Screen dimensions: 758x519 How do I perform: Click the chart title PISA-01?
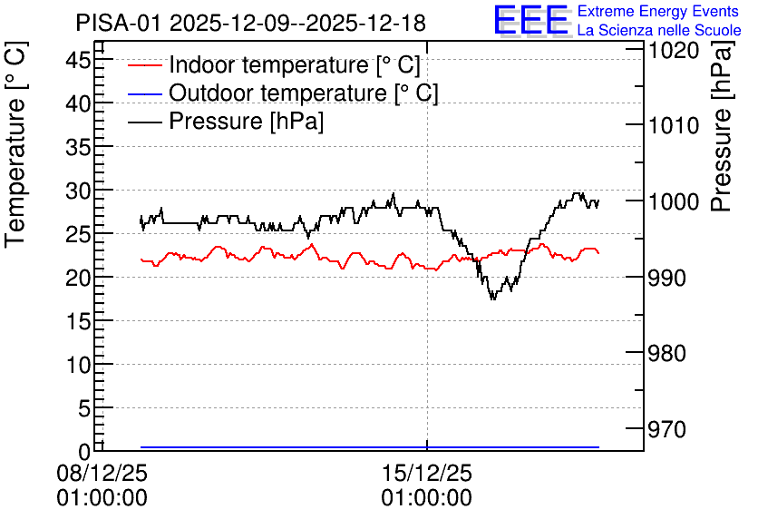[118, 23]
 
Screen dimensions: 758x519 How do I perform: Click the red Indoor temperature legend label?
[295, 64]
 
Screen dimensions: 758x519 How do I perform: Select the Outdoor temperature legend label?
[304, 93]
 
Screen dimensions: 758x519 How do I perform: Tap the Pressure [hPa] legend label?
[246, 121]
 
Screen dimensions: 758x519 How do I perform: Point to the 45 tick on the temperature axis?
[78, 62]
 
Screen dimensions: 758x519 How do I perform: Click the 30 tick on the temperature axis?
[78, 192]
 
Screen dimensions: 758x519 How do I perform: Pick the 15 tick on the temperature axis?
[78, 322]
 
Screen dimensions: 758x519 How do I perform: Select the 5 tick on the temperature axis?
[84, 409]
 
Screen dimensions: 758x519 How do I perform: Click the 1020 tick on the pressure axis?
[674, 50]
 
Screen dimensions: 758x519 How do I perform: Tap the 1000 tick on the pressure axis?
[674, 201]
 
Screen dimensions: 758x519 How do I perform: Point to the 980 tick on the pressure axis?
[666, 354]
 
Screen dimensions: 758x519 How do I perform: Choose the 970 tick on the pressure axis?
[666, 429]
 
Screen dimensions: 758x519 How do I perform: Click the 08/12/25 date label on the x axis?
[102, 473]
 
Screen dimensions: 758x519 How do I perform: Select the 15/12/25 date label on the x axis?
[427, 473]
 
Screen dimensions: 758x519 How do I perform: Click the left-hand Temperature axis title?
[15, 145]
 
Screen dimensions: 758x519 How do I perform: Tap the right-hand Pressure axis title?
[721, 126]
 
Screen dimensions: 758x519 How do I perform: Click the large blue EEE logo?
[530, 20]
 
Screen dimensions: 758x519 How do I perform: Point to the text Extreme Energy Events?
[658, 11]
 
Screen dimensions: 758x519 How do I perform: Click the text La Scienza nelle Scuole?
[659, 30]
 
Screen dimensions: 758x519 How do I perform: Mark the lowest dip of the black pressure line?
[492, 299]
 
